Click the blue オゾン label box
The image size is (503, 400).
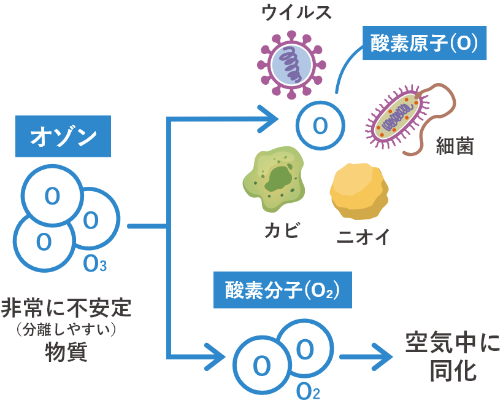pos(63,136)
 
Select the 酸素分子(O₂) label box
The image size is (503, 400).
pos(282,289)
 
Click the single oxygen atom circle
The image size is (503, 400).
pos(320,125)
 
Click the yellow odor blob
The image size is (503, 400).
pos(358,191)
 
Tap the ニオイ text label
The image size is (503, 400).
pos(363,238)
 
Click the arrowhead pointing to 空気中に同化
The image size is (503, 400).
pos(383,356)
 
